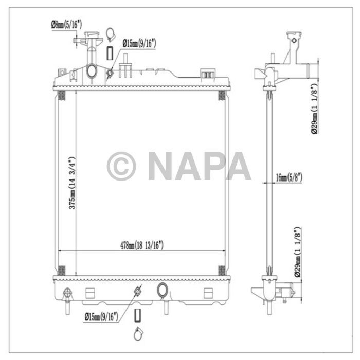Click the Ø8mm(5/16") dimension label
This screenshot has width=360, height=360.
[x=66, y=25]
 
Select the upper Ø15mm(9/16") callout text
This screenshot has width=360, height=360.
[x=139, y=43]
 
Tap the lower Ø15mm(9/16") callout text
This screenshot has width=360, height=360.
[x=101, y=317]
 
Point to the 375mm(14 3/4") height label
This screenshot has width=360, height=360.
[x=73, y=183]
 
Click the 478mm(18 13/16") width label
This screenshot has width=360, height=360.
[x=142, y=246]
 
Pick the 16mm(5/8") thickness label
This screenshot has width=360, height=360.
[x=289, y=177]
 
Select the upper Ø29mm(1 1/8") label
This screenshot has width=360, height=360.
[x=315, y=108]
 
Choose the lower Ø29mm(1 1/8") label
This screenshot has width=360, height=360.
[x=298, y=252]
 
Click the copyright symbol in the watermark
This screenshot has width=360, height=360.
[x=121, y=166]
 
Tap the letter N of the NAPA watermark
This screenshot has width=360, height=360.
[x=161, y=166]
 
